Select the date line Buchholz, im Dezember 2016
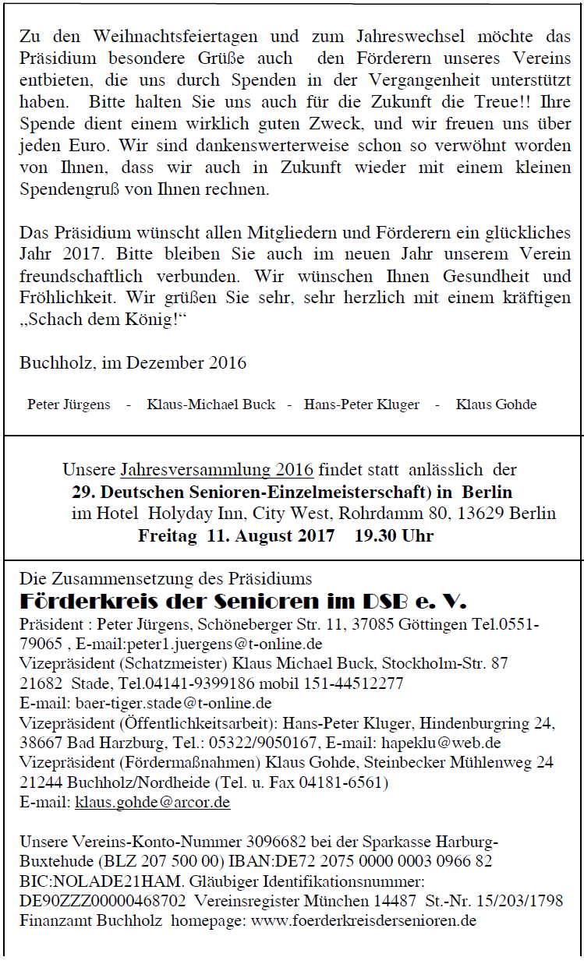point(133,363)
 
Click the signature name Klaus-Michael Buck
point(211,404)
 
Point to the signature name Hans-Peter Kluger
point(362,404)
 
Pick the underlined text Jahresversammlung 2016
point(217,470)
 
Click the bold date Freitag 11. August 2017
point(236,536)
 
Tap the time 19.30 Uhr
point(394,536)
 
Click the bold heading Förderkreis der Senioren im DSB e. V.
point(242,602)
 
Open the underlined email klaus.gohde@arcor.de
point(153,802)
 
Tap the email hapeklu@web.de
point(441,743)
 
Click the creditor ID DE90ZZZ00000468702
point(103,901)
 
